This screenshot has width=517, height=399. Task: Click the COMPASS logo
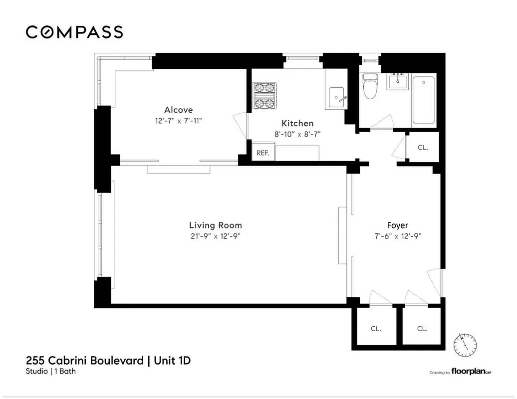coord(74,32)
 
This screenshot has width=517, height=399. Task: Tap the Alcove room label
coord(178,110)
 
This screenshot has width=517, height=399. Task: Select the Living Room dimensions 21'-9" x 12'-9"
coord(215,236)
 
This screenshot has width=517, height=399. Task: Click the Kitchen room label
coord(297,123)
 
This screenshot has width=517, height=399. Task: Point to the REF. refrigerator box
coord(262,153)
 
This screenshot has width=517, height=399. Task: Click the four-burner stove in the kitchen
coord(265,96)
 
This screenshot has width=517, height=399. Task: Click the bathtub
coord(424,99)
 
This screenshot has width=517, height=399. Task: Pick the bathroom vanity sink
coord(398,81)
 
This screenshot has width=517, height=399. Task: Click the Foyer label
coord(398,225)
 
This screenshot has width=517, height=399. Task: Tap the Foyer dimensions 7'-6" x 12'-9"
coord(398,236)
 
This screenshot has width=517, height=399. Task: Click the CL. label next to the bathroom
coord(422,148)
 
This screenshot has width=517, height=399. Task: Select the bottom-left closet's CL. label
coord(376,329)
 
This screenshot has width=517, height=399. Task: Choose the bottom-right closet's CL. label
coord(422,329)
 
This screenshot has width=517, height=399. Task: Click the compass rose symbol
coord(465,344)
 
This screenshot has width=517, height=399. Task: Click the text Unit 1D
coord(173,360)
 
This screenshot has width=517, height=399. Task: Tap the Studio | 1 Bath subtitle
coord(51,371)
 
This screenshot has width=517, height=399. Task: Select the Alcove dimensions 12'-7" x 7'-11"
coord(178,121)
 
